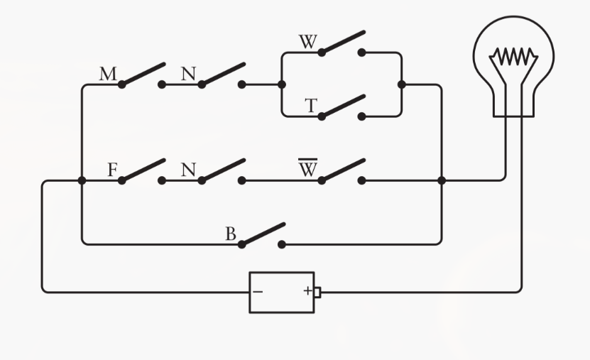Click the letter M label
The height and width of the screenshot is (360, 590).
tap(108, 74)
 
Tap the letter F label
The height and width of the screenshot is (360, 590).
tap(112, 170)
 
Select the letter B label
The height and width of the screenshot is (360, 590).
tap(231, 234)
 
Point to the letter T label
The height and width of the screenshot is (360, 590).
tap(310, 106)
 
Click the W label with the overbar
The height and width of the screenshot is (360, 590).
tap(307, 169)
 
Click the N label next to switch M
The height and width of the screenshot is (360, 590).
tap(188, 74)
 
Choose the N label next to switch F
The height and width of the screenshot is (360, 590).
tap(188, 170)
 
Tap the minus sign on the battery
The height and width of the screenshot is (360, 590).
tap(258, 291)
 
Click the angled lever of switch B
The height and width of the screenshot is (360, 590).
tap(264, 234)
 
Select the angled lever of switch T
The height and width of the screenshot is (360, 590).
tap(344, 105)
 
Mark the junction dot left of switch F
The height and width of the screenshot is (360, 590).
tap(82, 180)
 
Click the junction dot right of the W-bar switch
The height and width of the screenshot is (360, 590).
tap(442, 180)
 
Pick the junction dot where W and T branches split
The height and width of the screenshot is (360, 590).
tap(282, 84)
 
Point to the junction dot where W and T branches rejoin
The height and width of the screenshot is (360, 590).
tap(401, 84)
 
